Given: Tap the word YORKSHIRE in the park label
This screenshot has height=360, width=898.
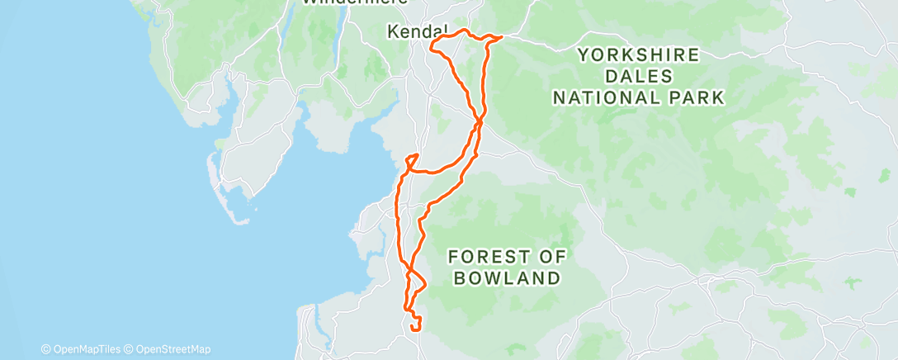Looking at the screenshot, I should pos(639,55).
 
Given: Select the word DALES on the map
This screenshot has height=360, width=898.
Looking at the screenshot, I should pos(639,76).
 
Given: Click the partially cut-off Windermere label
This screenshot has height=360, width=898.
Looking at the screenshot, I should pos(356,2).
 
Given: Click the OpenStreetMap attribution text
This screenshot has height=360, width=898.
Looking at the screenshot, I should pos(172,349).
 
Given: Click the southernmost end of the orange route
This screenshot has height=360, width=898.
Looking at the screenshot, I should pos(412,331).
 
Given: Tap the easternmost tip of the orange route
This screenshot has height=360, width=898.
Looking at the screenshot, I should pos(503,36).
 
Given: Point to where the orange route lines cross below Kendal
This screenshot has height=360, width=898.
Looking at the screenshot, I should pos(480,123).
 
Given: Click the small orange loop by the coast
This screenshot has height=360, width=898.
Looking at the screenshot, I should pos(411,159).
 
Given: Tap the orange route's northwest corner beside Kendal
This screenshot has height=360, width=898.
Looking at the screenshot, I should pos(431,40).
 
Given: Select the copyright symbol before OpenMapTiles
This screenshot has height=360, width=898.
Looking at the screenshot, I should pos(45,349).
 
